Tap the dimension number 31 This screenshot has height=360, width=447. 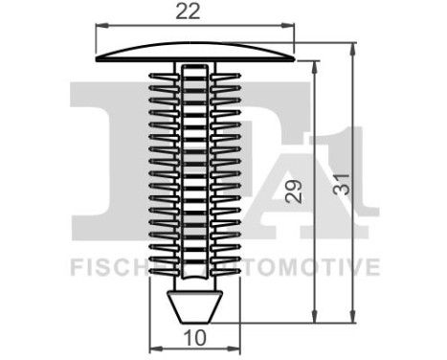[x=338, y=191]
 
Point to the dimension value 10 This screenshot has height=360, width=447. [x=194, y=338]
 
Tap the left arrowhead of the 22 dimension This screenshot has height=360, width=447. [x=100, y=28]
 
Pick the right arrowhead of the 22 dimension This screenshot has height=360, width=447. [x=291, y=28]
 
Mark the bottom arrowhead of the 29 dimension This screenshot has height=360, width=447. [x=315, y=321]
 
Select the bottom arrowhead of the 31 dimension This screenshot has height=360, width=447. [x=354, y=321]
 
